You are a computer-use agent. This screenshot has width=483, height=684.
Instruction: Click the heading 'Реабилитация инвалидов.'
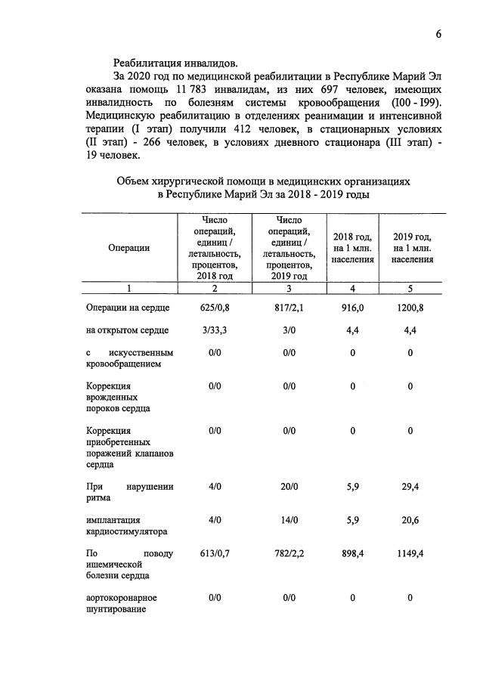click(x=178, y=63)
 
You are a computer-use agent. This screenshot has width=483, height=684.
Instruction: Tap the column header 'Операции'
click(x=128, y=247)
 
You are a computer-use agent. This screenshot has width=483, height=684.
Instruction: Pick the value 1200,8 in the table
click(x=411, y=308)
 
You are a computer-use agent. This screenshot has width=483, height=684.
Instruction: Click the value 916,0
click(x=352, y=308)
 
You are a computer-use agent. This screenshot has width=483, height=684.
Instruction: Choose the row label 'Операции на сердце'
click(x=128, y=308)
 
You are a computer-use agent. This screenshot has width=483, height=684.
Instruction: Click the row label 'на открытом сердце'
click(x=128, y=330)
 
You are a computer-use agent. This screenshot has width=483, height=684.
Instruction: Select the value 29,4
click(x=411, y=487)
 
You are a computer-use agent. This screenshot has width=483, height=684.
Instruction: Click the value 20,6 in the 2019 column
click(x=411, y=520)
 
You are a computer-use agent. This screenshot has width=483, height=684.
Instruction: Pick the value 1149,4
click(x=411, y=554)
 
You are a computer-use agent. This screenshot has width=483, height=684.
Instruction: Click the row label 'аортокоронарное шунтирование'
click(x=122, y=604)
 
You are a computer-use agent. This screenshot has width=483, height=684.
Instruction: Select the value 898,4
click(x=352, y=554)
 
